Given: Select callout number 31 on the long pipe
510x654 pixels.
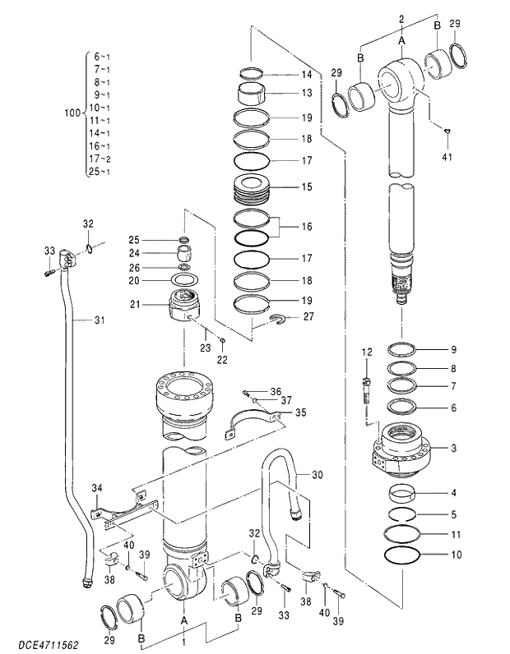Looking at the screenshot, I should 100,320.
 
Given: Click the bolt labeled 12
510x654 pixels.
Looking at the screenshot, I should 366,386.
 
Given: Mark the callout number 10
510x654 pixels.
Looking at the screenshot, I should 456,555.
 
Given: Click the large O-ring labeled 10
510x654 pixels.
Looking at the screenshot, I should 405,555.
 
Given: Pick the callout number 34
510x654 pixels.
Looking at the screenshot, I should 96,489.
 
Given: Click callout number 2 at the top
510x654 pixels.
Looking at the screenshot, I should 401,17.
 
